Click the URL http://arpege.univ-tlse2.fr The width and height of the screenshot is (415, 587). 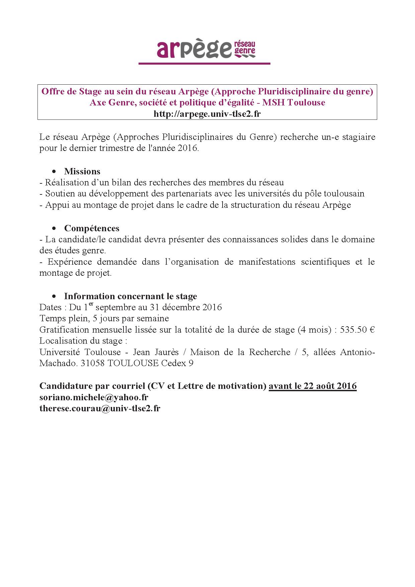pyautogui.click(x=207, y=114)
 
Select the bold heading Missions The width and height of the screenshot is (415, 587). pyautogui.click(x=82, y=171)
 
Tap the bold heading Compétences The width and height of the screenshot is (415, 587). pyautogui.click(x=92, y=228)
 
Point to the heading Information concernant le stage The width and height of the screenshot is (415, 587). pyautogui.click(x=131, y=296)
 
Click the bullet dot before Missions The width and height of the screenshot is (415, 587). pyautogui.click(x=54, y=171)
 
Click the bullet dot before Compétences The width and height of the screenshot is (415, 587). pyautogui.click(x=54, y=228)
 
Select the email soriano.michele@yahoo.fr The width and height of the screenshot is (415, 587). pyautogui.click(x=94, y=397)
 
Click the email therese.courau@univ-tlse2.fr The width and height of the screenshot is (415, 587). pyautogui.click(x=100, y=408)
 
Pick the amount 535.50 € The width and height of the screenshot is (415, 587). pyautogui.click(x=357, y=330)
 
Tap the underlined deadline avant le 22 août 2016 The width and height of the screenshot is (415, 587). pyautogui.click(x=313, y=386)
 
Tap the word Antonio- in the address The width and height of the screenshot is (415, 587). pyautogui.click(x=357, y=352)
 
